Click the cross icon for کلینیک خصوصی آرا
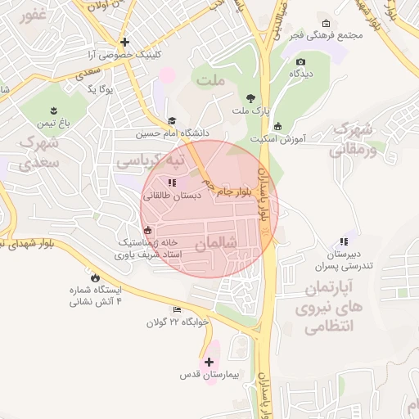point(124,42)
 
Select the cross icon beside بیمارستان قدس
point(209,362)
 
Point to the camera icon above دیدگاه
point(300,62)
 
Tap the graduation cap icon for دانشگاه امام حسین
point(172,120)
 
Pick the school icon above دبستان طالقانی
point(172,182)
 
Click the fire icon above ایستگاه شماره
point(97,277)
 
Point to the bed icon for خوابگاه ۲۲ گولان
point(178,309)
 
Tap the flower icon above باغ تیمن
point(54,110)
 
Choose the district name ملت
point(210,80)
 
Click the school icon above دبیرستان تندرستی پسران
point(344,241)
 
